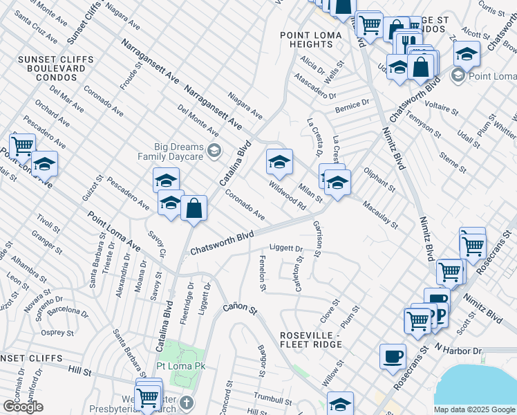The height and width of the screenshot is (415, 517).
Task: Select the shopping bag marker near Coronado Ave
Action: coord(194,208)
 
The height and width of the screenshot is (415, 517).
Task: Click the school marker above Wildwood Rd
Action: coord(279,163)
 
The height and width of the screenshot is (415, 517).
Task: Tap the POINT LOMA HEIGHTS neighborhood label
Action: coord(307,39)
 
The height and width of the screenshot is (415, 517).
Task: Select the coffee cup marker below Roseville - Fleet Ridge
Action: coord(393,357)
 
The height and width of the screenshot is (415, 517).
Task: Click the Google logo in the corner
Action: coord(23,407)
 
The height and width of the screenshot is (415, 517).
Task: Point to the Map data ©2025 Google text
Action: coord(474,409)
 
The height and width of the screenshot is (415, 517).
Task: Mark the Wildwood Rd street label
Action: coord(288,196)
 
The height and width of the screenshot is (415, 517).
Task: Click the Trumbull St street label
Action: coord(272,400)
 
